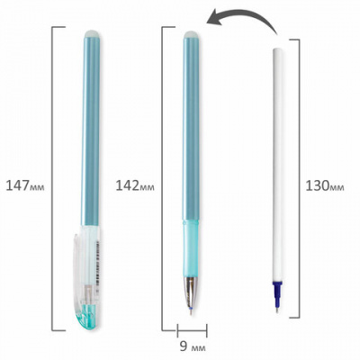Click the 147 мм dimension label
pos(25,186)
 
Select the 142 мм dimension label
pos(135,186)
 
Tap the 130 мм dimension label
pos(325,186)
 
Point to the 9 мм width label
pos(193,347)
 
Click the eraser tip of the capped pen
pos(91,33)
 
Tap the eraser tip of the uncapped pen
pos(192,34)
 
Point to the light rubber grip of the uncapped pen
pos(191,248)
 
